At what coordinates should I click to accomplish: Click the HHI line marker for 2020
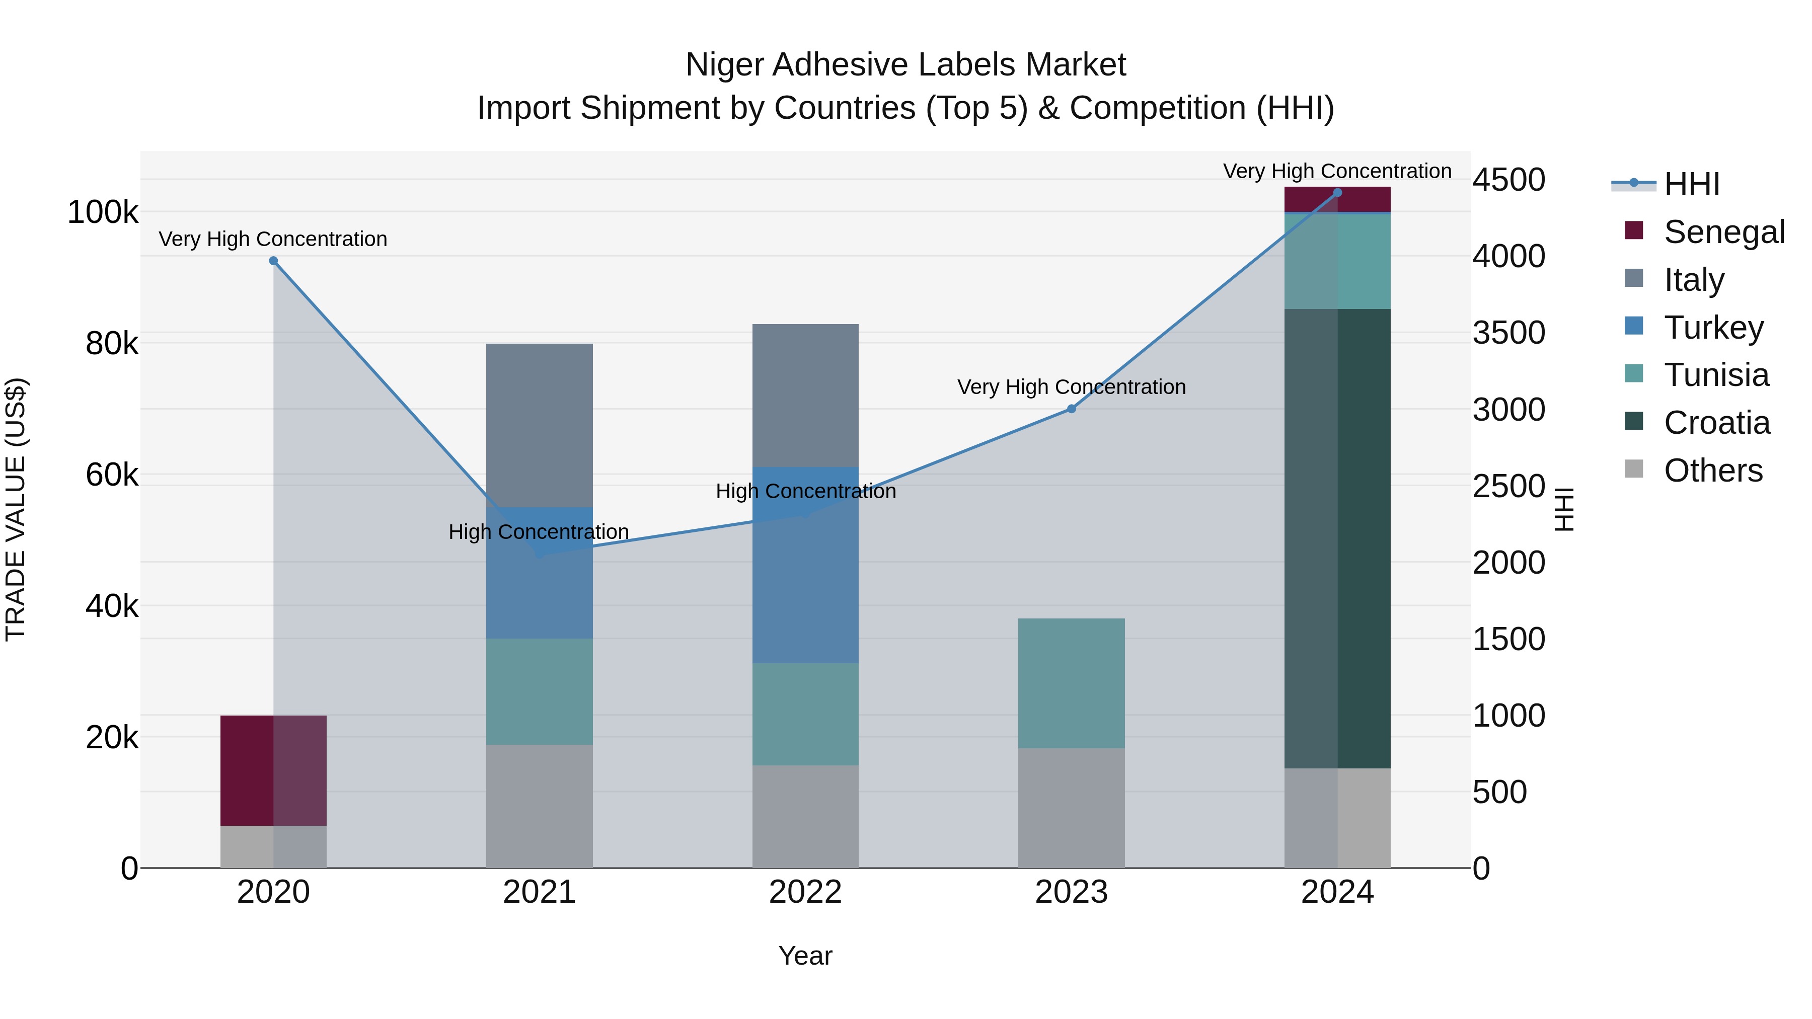click(274, 261)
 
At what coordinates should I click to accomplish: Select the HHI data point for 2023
click(1071, 409)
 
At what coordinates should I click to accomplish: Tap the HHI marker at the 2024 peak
click(1337, 193)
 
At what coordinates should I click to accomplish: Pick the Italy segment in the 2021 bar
click(540, 425)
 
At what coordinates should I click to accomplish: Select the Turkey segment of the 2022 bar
click(805, 565)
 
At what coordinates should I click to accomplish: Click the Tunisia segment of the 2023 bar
click(1071, 683)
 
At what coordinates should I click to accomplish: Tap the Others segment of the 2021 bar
click(540, 806)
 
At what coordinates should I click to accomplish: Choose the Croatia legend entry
click(1716, 423)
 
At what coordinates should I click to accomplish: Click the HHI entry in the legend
click(1692, 184)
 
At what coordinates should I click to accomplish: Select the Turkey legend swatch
click(1633, 326)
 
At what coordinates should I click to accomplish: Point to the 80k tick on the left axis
click(111, 344)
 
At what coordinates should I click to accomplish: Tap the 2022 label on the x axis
click(805, 892)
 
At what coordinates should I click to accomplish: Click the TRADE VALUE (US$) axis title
click(16, 509)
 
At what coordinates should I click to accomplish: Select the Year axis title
click(805, 956)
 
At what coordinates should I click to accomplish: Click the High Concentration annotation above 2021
click(539, 532)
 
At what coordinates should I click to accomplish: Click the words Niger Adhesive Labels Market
click(905, 65)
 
